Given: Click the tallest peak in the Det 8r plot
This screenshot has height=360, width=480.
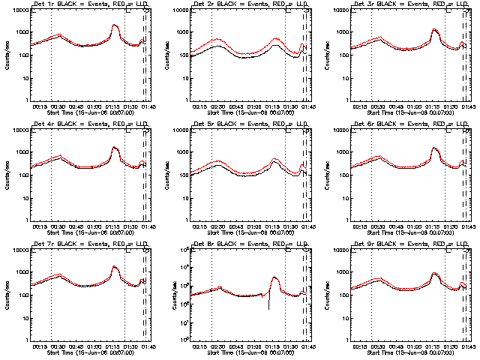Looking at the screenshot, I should pyautogui.click(x=274, y=277).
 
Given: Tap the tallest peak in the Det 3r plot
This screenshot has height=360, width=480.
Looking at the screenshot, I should pyautogui.click(x=435, y=29).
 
